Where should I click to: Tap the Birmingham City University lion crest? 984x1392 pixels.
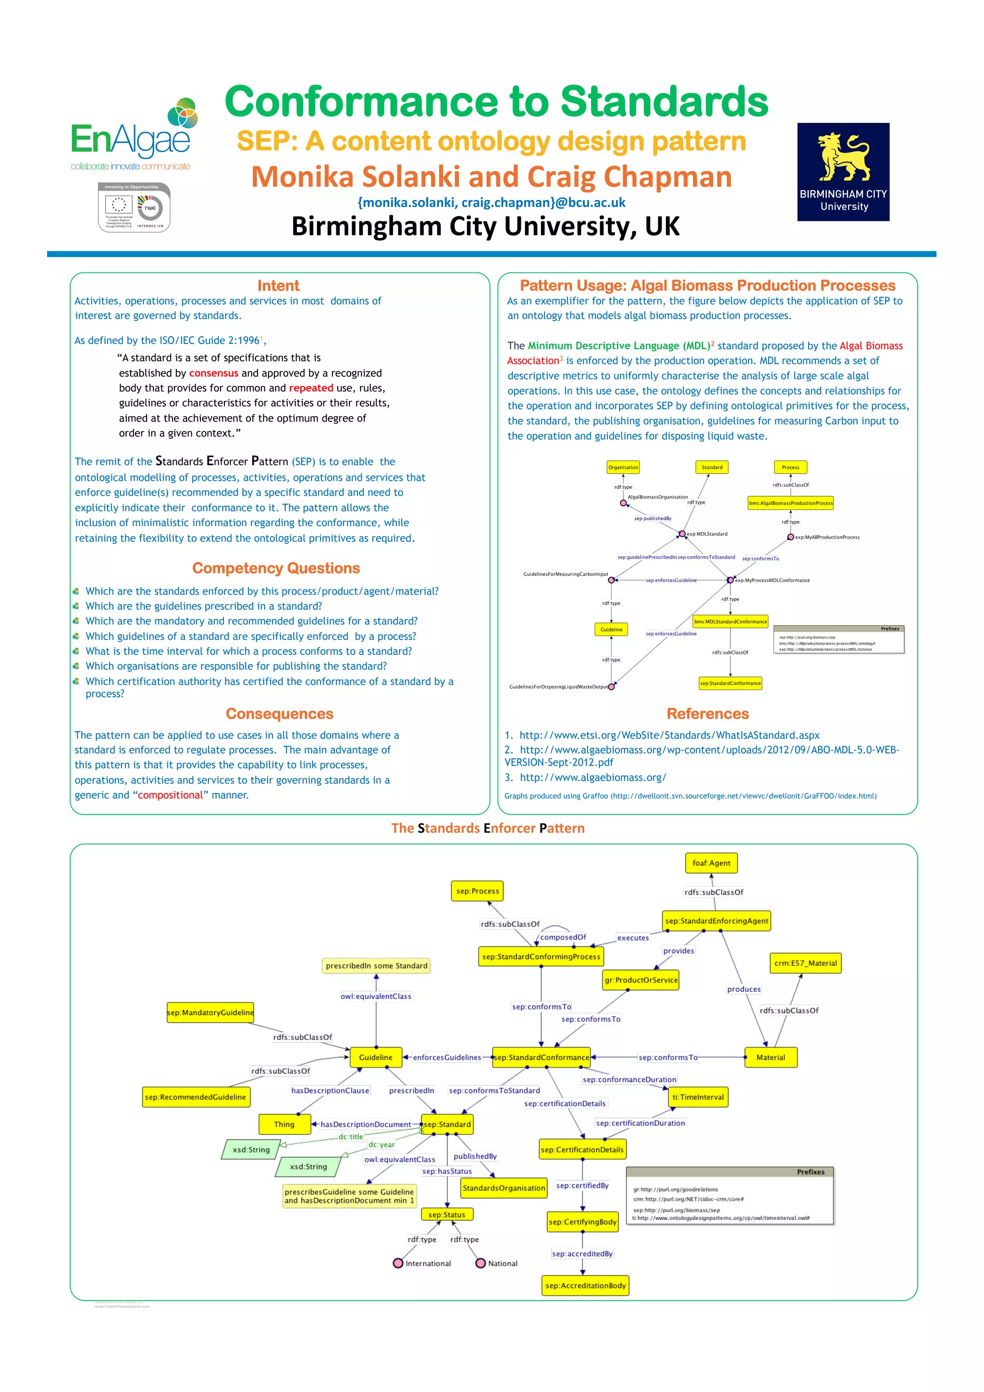pos(843,158)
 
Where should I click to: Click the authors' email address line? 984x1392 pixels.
pos(491,203)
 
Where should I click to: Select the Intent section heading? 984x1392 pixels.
pos(278,285)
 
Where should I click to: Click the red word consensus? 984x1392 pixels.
pos(213,373)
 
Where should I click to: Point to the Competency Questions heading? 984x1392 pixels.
pos(276,568)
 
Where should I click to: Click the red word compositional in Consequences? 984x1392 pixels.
pos(171,795)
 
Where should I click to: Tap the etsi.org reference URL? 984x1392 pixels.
pos(669,735)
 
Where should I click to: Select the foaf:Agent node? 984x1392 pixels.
pos(711,863)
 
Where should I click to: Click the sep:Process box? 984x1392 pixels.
pos(477,891)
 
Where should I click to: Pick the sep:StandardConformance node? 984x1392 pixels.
pos(541,1057)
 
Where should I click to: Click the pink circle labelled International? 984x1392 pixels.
pos(398,1263)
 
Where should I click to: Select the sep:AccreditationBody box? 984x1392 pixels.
pos(585,1285)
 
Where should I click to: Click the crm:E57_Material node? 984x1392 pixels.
pos(805,963)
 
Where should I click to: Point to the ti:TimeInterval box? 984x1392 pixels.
pos(698,1097)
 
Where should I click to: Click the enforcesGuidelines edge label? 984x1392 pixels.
pos(447,1057)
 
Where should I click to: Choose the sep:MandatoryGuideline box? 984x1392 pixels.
pos(210,1012)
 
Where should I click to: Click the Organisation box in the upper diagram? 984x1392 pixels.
pos(623,467)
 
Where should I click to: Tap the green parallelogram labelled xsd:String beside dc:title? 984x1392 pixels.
pos(251,1149)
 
